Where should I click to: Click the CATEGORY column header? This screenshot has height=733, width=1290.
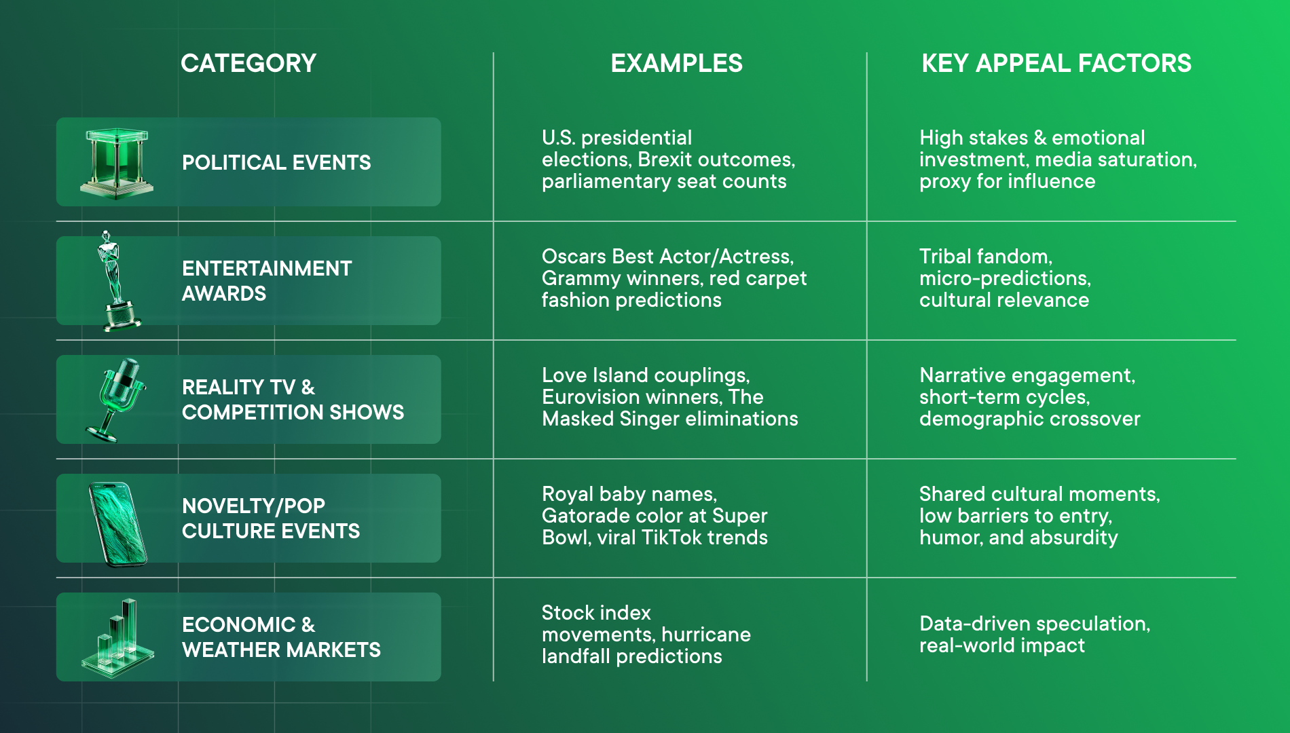(248, 63)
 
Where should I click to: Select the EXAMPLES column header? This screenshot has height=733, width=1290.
(676, 63)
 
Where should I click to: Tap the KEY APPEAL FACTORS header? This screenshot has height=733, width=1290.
(1056, 63)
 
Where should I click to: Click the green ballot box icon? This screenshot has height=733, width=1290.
(117, 163)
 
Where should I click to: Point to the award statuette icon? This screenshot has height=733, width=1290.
(115, 281)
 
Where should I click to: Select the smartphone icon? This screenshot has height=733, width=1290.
(117, 523)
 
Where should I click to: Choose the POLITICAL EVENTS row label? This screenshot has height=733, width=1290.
(276, 163)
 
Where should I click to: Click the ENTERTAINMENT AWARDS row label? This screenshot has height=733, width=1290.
(267, 281)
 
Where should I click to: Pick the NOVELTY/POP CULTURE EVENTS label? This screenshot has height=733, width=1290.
(271, 519)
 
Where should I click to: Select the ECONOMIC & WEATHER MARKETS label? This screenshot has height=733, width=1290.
(281, 637)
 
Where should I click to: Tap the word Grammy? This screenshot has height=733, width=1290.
(581, 279)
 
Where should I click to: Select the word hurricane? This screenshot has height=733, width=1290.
(706, 635)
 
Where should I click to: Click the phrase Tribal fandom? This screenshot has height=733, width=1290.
(986, 257)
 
